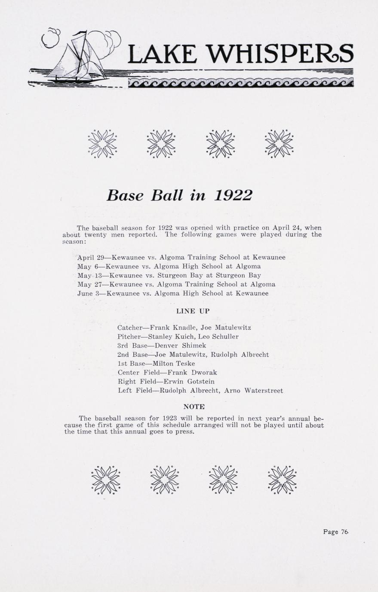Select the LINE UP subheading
click(x=193, y=311)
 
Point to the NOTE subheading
click(x=194, y=406)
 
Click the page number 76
click(x=344, y=531)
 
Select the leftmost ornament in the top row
click(x=102, y=143)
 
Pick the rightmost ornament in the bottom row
click(x=282, y=479)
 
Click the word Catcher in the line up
click(x=130, y=328)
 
